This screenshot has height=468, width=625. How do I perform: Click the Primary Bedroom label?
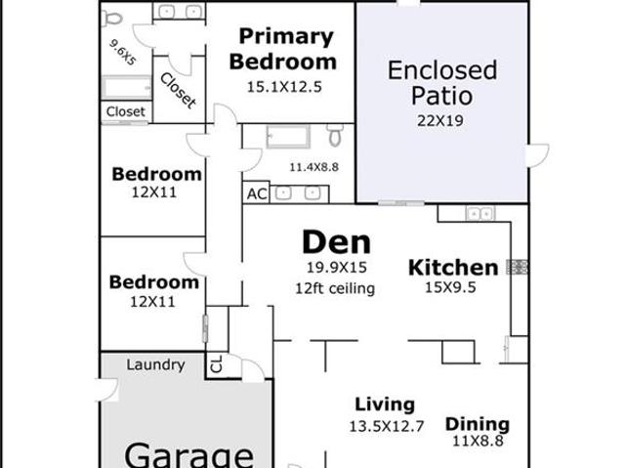click(283, 49)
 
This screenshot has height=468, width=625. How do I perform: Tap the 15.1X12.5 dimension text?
click(284, 87)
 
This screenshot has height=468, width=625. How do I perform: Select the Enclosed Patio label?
click(442, 82)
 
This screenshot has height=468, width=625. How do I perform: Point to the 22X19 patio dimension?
click(440, 120)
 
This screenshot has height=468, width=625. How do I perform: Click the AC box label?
click(257, 194)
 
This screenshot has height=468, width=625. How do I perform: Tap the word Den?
click(337, 242)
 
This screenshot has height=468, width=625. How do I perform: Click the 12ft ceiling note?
click(335, 288)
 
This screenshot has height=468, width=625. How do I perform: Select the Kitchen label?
click(453, 268)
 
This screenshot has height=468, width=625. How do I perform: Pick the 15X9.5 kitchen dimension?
click(450, 287)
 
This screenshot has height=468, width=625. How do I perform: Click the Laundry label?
click(155, 364)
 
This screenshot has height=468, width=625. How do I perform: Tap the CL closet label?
click(216, 363)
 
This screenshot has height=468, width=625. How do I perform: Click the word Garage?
click(188, 455)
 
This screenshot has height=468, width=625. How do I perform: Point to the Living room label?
click(385, 404)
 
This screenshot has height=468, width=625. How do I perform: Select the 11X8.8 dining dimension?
click(478, 441)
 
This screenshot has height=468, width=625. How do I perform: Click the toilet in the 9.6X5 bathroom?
click(112, 18)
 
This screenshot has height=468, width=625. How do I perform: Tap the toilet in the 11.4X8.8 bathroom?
click(335, 135)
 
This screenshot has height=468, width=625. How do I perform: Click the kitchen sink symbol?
click(479, 214)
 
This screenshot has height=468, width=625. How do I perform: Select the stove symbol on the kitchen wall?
click(517, 267)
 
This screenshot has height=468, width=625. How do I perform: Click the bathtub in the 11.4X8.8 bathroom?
click(288, 137)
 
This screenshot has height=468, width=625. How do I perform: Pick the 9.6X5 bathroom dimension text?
click(123, 52)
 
